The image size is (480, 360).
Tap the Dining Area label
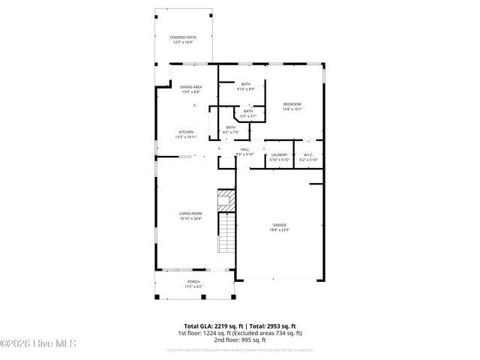[x=190, y=87]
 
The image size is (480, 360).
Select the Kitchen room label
[x=185, y=132]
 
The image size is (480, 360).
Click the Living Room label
[x=190, y=214]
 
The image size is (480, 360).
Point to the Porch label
[x=193, y=281]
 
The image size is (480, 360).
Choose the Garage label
[x=280, y=225]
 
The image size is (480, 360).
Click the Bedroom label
[x=292, y=103]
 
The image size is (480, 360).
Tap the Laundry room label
[x=279, y=154]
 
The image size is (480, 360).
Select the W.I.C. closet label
[x=308, y=154]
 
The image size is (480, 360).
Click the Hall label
[x=244, y=149]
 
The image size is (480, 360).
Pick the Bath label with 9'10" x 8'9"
[x=246, y=84]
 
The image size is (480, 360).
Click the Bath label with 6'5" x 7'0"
[x=231, y=127]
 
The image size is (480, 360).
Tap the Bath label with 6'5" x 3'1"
[x=247, y=111]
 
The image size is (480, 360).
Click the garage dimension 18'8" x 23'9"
[x=280, y=230]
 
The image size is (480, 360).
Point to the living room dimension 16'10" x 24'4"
[x=190, y=219]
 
